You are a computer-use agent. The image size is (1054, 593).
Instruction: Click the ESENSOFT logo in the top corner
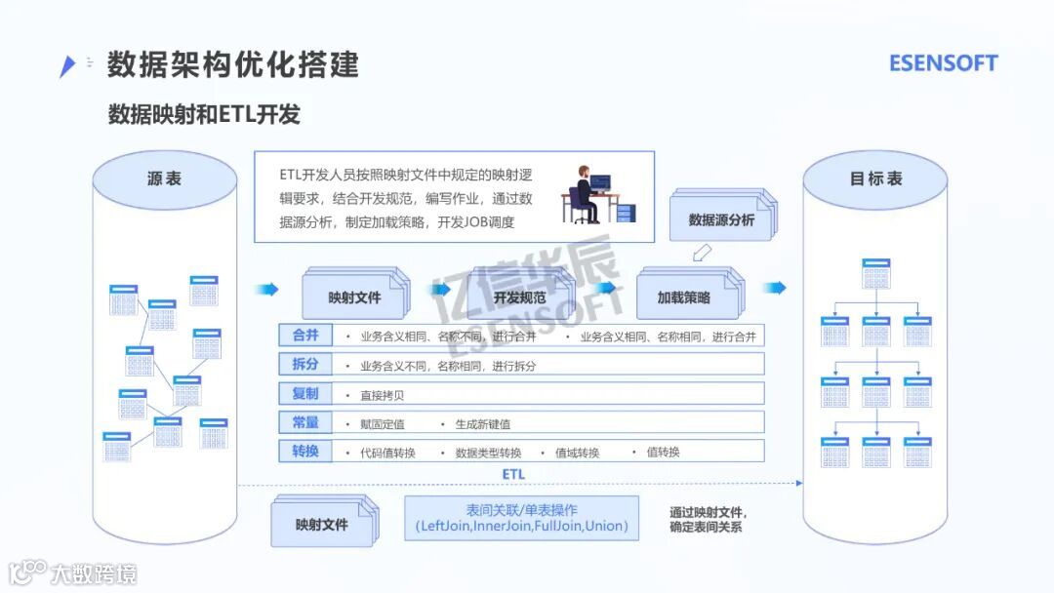click(943, 63)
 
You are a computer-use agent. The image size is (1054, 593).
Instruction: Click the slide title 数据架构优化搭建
click(232, 63)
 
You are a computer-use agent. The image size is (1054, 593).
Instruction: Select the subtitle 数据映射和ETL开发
click(203, 114)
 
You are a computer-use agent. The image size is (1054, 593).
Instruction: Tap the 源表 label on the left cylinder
click(164, 178)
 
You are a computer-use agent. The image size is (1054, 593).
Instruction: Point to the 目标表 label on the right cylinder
click(875, 178)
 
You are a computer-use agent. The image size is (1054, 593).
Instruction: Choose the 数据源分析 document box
click(720, 218)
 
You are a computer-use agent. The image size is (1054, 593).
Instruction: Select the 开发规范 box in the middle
click(519, 296)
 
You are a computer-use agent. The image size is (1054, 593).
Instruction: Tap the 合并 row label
click(305, 336)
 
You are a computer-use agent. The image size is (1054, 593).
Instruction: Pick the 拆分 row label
click(305, 365)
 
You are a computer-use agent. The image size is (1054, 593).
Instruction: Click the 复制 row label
click(305, 394)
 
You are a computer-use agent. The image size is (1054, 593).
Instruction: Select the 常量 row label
click(305, 422)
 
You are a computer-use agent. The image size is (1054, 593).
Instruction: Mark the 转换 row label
click(305, 452)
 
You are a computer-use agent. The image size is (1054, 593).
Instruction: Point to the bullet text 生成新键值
click(482, 424)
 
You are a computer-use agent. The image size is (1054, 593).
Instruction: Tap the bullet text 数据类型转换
click(488, 453)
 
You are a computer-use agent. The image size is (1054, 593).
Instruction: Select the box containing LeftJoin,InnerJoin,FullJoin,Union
click(521, 519)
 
